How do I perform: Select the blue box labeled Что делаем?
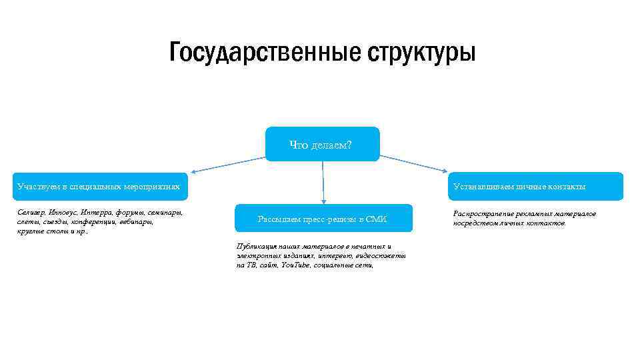pyautogui.click(x=322, y=144)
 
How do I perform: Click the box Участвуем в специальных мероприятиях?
pyautogui.click(x=99, y=187)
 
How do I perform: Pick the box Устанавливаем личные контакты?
pyautogui.click(x=537, y=187)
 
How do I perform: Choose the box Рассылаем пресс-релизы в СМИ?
pyautogui.click(x=323, y=219)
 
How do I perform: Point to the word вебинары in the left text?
pyautogui.click(x=137, y=221)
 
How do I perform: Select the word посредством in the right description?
pyautogui.click(x=475, y=223)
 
